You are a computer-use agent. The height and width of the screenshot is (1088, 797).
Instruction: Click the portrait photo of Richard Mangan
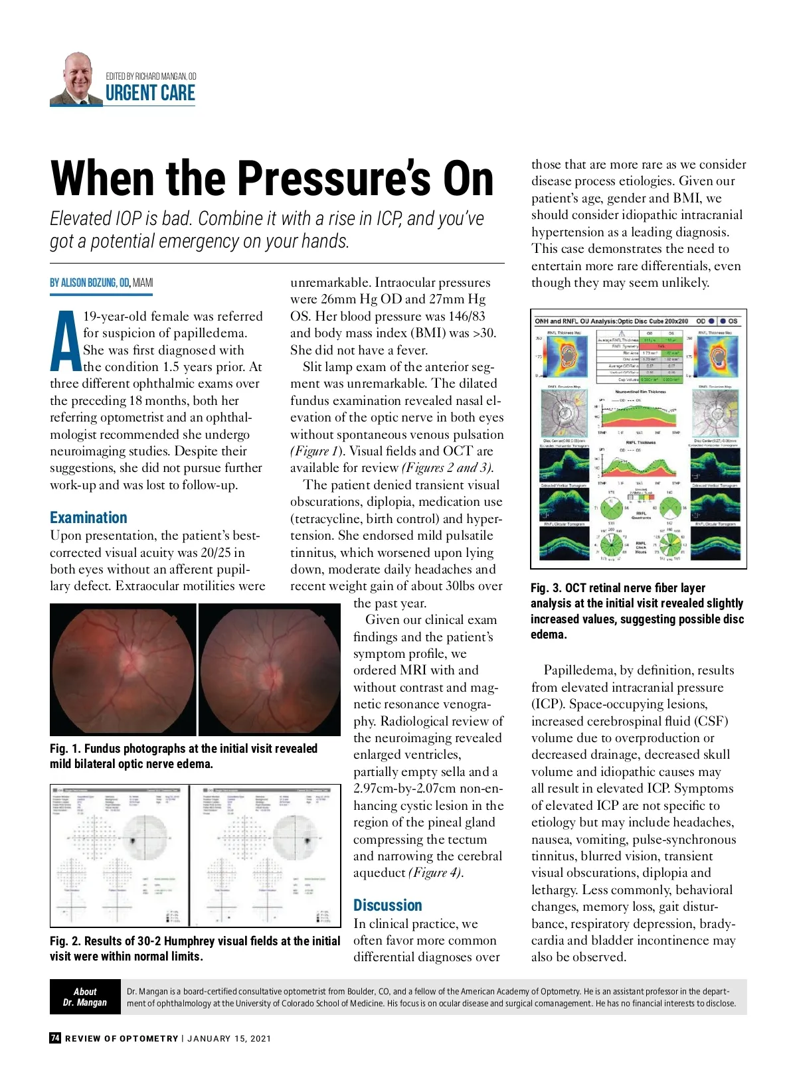(76, 80)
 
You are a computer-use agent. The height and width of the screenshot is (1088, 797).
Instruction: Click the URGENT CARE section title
(150, 94)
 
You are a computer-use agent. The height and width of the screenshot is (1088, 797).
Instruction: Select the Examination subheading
(88, 518)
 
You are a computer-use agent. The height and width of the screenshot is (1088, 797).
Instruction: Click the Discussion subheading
(387, 905)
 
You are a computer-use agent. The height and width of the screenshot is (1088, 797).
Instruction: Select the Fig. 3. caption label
(546, 588)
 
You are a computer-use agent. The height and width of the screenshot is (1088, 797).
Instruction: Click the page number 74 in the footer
(55, 1038)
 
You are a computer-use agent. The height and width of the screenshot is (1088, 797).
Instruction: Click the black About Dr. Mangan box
(85, 997)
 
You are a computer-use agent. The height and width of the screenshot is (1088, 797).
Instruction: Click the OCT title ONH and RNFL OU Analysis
(611, 321)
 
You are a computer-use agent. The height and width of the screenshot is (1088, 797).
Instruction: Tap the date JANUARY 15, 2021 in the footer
(229, 1039)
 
